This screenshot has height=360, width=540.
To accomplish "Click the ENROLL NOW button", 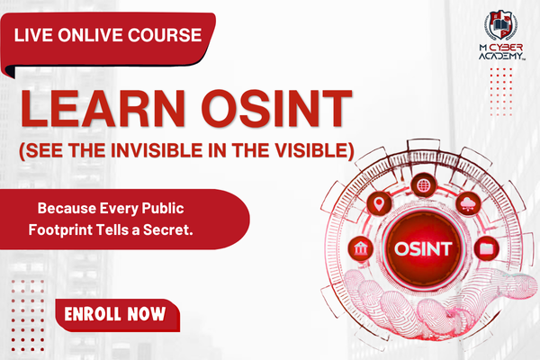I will [x=115, y=315].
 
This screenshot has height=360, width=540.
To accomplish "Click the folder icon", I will [x=486, y=246].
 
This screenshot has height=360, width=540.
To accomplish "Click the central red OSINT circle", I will [x=423, y=247].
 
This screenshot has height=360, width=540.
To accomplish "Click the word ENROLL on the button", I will [x=90, y=315].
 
